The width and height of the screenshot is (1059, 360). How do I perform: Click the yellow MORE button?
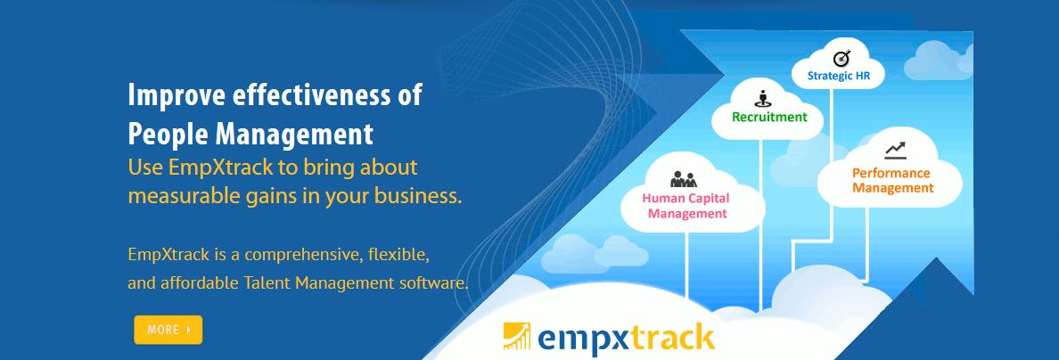coord(168,330)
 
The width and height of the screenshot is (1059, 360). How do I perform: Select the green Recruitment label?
coord(769,117)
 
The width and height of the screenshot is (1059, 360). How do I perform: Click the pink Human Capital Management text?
coord(686,206)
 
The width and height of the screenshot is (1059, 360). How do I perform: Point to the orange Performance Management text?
coord(892,180)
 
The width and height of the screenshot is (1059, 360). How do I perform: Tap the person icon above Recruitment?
coord(762,98)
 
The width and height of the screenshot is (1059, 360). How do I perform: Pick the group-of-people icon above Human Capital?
coord(684,178)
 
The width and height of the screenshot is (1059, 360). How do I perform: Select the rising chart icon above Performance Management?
coord(895,151)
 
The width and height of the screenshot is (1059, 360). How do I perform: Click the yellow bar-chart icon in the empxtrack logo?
coord(517,337)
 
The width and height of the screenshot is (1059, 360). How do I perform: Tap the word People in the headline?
coord(165,135)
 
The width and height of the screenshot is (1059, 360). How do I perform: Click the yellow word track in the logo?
coord(669,339)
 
